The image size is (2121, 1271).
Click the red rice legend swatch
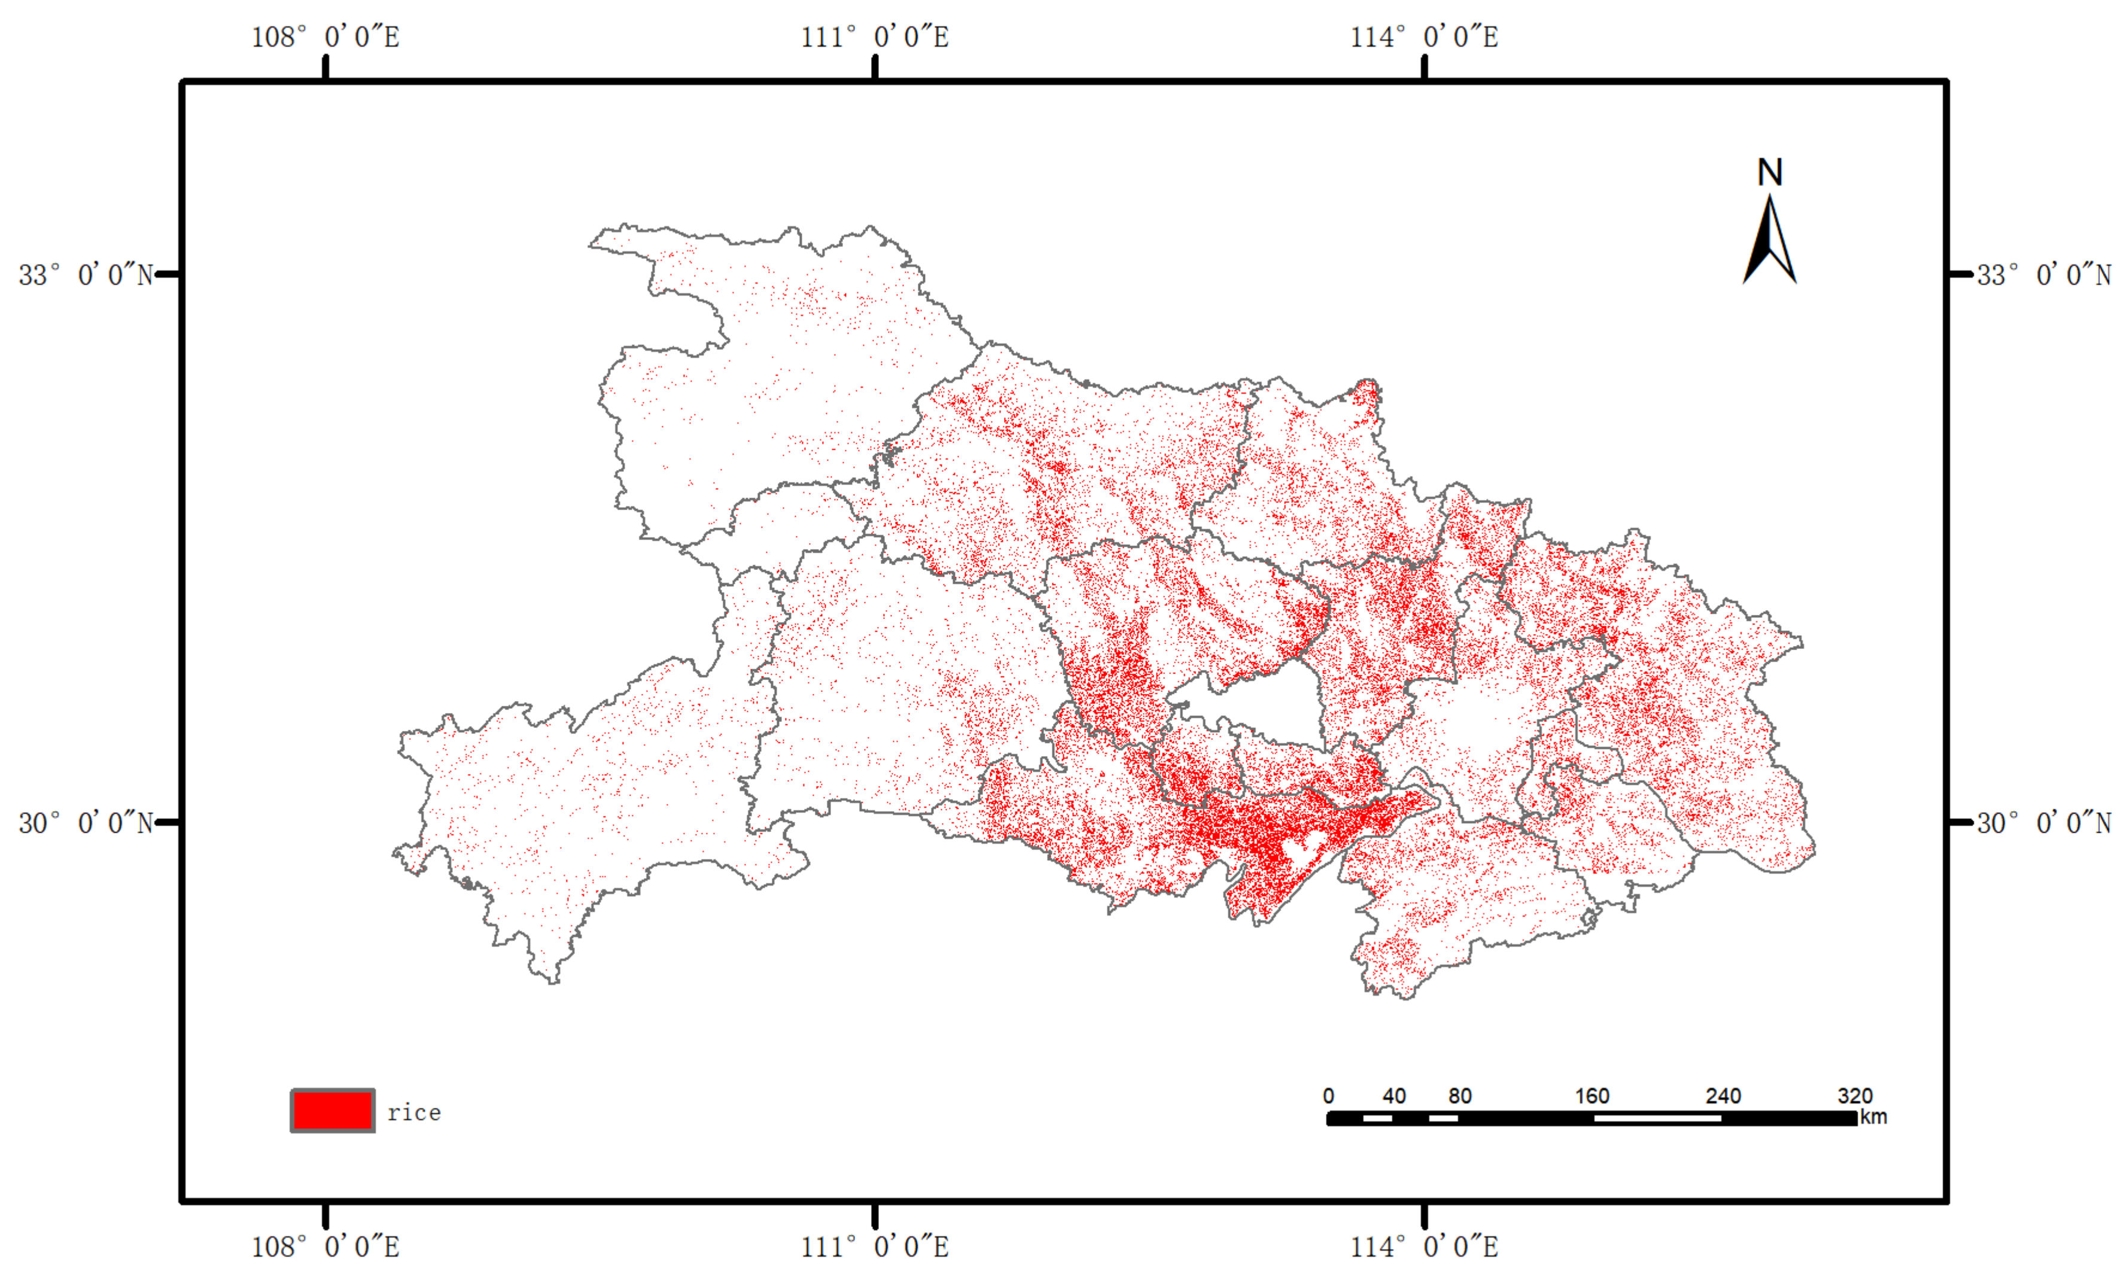point(333,1111)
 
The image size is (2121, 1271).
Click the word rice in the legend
point(414,1112)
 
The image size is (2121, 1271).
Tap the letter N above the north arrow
point(1770,173)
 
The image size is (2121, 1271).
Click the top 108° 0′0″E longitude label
point(325,37)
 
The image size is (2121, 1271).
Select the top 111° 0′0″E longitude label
point(875,37)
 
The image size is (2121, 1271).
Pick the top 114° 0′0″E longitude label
point(1425,37)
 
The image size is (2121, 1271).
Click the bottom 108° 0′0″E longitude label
point(325,1246)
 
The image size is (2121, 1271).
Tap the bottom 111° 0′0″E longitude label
point(875,1246)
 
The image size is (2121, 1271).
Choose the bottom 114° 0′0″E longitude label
point(1425,1246)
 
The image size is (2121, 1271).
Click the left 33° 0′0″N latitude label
point(86,275)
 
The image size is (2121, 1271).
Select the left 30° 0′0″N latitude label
point(86,823)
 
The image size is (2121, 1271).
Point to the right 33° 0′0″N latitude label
point(2044,275)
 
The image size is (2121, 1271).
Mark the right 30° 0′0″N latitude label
point(2044,823)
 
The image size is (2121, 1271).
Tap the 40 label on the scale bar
point(1393,1095)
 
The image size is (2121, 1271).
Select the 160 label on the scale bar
point(1591,1095)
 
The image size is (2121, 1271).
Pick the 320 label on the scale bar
point(1855,1095)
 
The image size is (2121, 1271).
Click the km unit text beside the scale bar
point(1873,1117)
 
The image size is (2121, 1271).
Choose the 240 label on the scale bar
point(1723,1095)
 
